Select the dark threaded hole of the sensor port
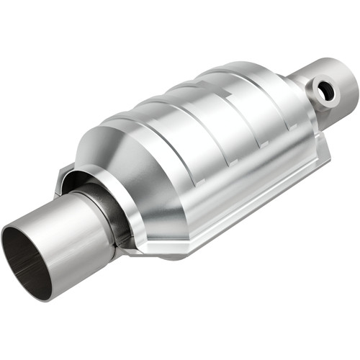[326, 91]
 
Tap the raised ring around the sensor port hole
[318, 94]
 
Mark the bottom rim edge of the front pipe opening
[36, 295]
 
